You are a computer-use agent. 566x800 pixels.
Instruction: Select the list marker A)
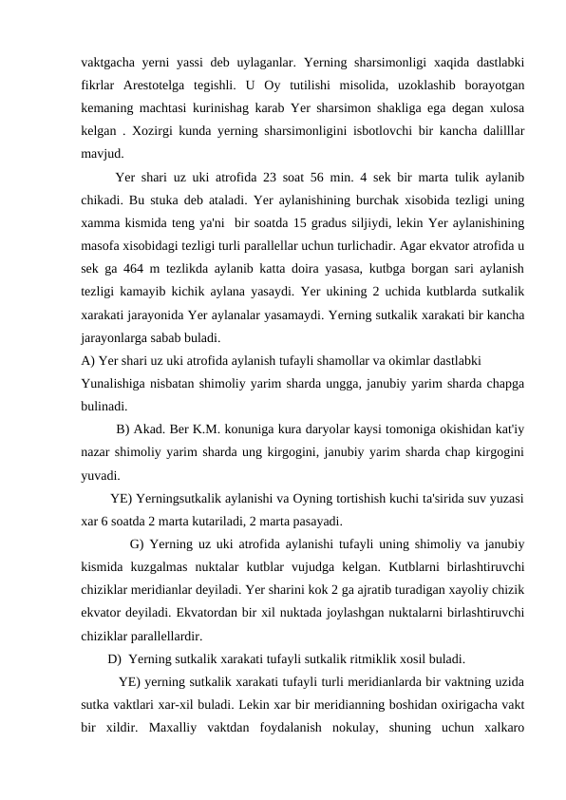[87, 359]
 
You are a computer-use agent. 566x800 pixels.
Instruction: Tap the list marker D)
[115, 657]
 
